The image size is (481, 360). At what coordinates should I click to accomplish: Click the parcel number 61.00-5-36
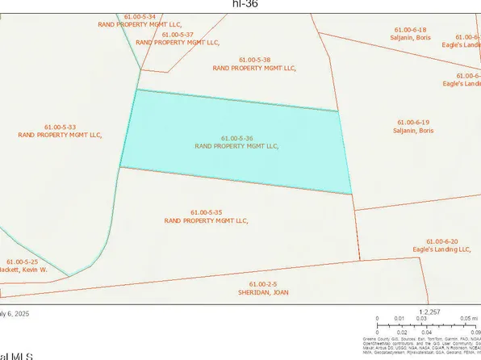236,138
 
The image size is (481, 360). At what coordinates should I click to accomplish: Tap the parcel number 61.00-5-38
254,60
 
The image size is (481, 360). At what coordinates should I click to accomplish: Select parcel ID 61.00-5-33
60,127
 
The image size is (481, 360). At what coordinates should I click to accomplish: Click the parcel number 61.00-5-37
178,35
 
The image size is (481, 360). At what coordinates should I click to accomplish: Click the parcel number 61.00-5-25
23,262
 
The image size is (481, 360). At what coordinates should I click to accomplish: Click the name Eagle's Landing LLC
441,249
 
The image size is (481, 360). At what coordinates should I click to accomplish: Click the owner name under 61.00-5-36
236,147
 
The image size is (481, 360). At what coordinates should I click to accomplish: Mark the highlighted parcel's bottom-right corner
353,194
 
